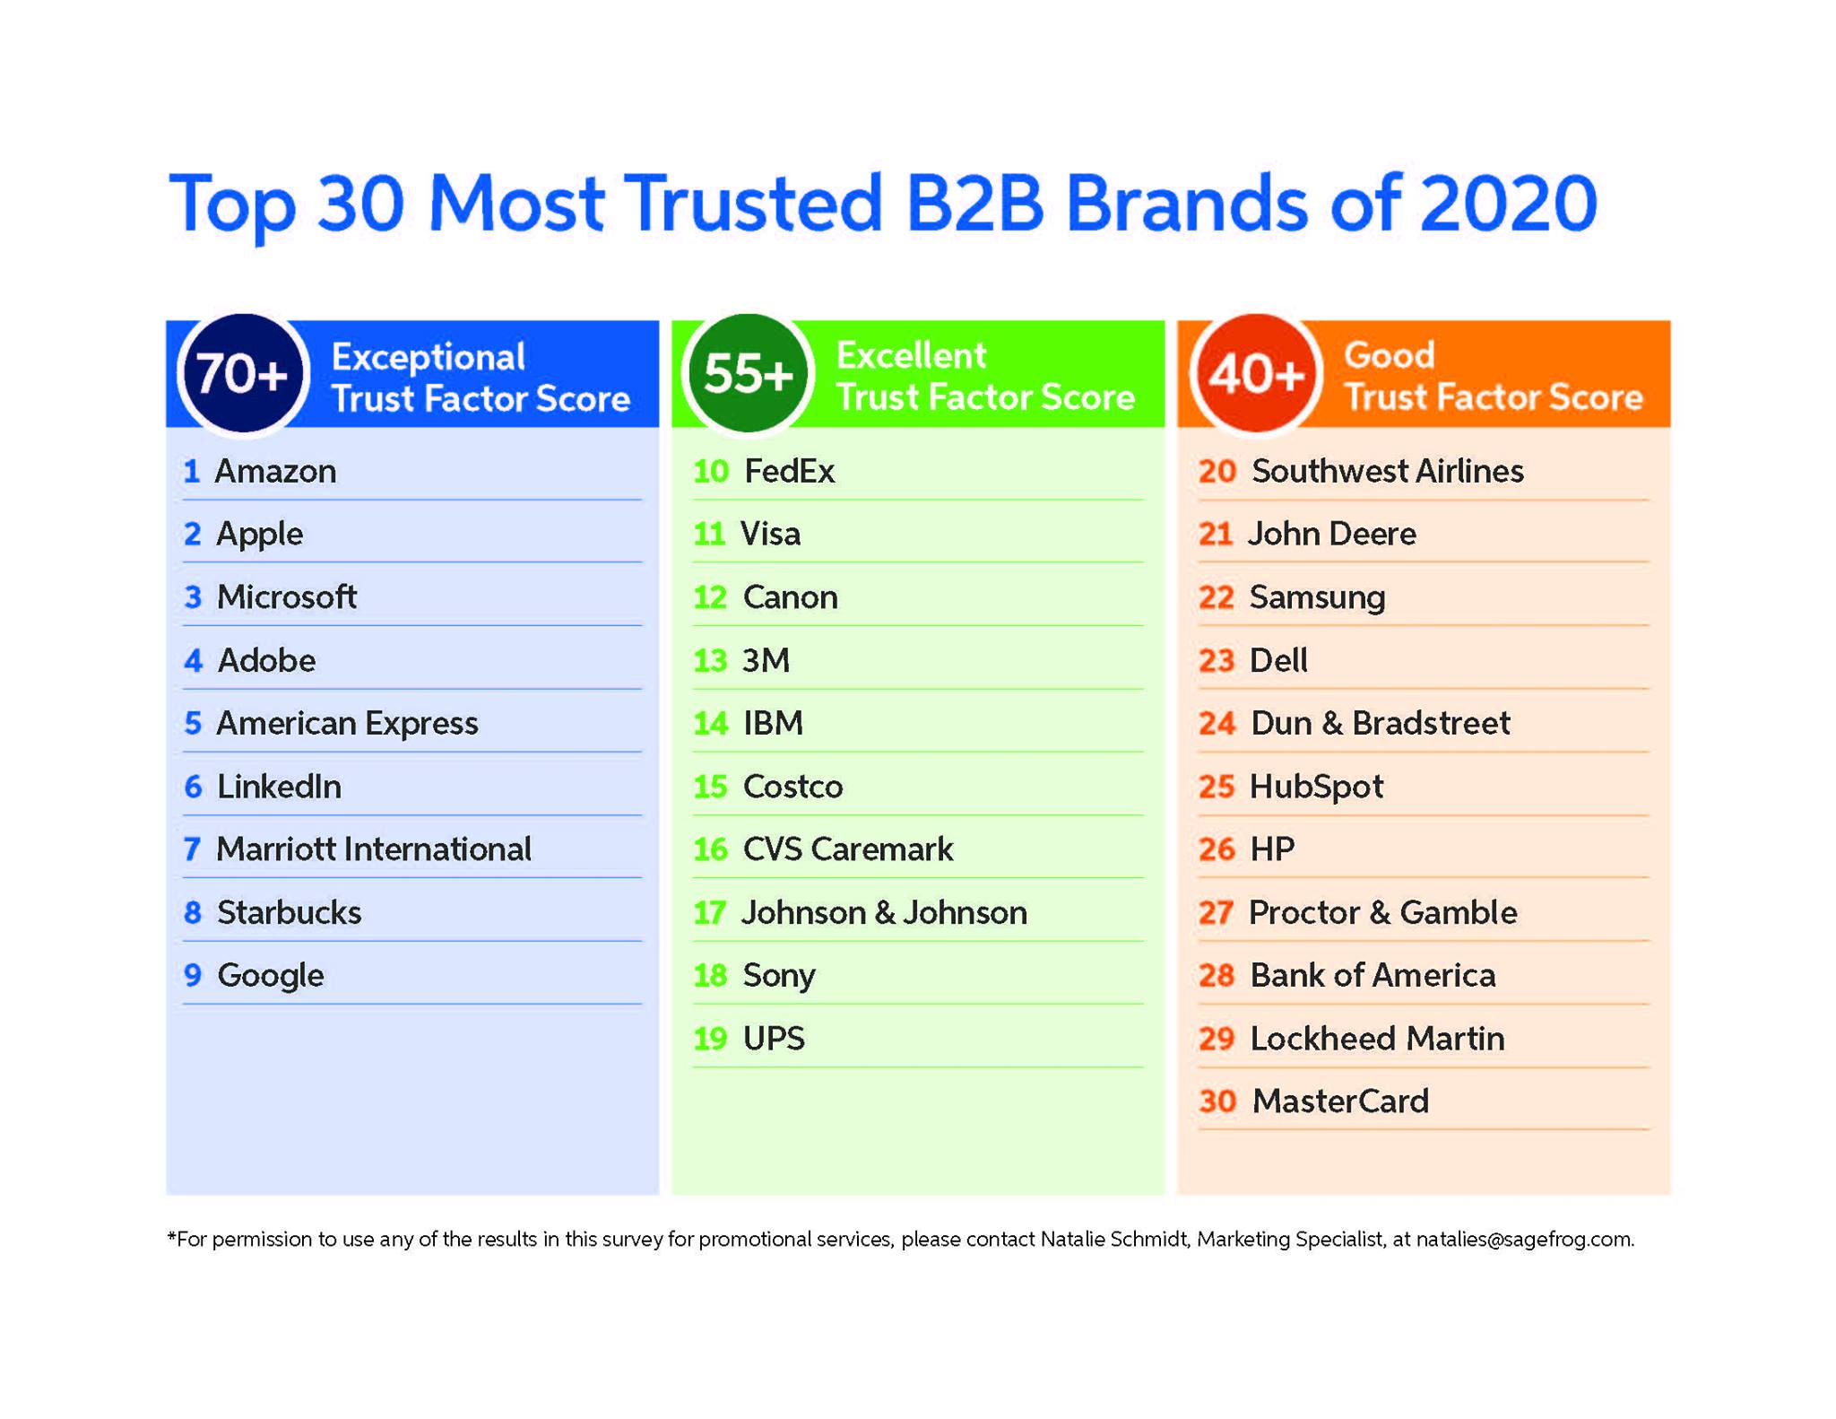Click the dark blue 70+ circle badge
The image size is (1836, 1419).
[243, 373]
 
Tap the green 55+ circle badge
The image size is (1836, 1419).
[749, 373]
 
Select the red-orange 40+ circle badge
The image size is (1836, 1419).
[1255, 373]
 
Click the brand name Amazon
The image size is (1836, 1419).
[276, 472]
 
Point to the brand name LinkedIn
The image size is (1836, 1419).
[279, 787]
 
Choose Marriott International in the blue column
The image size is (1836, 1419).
[374, 849]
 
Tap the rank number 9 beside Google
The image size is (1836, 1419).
[193, 975]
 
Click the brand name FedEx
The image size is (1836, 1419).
[789, 472]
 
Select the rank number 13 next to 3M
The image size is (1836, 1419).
[710, 661]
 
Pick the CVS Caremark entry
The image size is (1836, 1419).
[848, 849]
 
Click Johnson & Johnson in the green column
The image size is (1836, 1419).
[884, 913]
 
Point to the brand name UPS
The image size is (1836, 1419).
[774, 1039]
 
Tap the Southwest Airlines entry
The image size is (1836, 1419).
[1388, 472]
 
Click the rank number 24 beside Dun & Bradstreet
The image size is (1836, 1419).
[1217, 724]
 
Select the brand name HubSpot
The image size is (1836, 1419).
[1316, 788]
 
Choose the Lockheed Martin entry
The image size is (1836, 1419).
[1377, 1039]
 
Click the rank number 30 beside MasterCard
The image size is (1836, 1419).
[1217, 1101]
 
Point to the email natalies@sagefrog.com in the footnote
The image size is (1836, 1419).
[1524, 1240]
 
